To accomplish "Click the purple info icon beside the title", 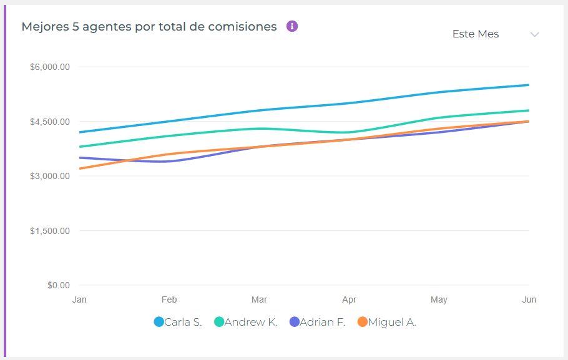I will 292,26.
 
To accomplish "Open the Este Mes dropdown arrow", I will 534,34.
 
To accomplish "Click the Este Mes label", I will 476,34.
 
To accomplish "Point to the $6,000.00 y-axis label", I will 49,67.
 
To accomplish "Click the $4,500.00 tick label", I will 49,122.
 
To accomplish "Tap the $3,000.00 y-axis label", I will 49,176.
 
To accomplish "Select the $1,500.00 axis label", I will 49,231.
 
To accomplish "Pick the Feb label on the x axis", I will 169,299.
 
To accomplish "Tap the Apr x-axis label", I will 349,299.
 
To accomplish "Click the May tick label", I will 439,299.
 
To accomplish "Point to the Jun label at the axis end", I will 529,299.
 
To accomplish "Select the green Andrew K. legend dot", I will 219,322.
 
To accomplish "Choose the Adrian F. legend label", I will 322,323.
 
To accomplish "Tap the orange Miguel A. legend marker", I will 363,322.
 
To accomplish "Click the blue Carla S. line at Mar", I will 259,110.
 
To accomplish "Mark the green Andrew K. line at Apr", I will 349,132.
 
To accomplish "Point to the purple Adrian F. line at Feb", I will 169,162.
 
